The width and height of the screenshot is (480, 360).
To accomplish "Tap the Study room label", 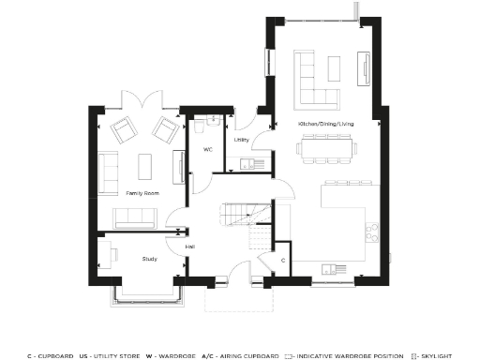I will (149, 258).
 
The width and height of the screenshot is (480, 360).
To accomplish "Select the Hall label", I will (190, 247).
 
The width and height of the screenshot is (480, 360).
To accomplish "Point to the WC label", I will (207, 150).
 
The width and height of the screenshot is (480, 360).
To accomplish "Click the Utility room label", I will (241, 140).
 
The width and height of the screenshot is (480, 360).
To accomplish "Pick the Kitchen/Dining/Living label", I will (327, 124).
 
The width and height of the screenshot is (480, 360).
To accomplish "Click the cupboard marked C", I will (283, 259).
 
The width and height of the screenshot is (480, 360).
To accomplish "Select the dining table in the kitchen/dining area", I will (325, 146).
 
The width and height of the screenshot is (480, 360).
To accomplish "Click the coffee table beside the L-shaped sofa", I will (335, 68).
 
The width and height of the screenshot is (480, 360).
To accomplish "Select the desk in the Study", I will (107, 254).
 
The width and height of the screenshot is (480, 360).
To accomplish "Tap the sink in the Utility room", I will (247, 164).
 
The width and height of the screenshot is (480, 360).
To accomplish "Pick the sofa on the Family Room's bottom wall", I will (136, 217).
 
